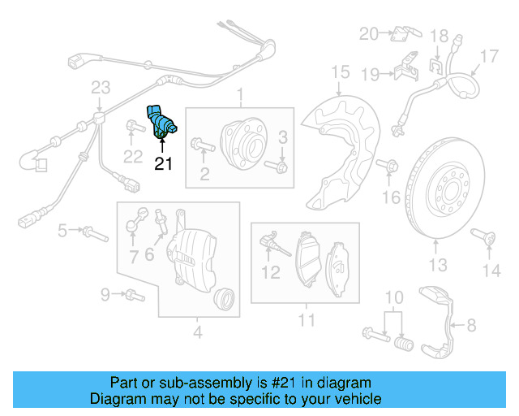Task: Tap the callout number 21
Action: pos(164,164)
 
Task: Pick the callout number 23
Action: pos(100,88)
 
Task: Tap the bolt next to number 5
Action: pos(94,233)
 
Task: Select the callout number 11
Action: pos(305,321)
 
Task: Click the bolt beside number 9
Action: pos(132,293)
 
